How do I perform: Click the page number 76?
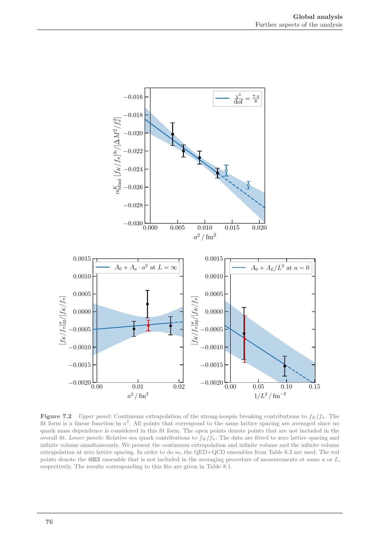[49, 522]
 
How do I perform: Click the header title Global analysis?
[317, 17]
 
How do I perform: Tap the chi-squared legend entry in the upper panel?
[237, 99]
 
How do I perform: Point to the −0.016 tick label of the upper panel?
[133, 97]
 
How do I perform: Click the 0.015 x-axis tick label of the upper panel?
[232, 228]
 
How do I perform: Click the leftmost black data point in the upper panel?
[173, 134]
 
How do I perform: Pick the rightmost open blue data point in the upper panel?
[248, 185]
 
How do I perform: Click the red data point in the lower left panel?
[148, 325]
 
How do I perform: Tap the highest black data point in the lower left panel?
[147, 304]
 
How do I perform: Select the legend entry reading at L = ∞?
[137, 268]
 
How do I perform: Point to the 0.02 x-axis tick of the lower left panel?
[179, 387]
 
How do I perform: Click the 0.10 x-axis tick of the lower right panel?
[286, 387]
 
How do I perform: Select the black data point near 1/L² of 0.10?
[285, 366]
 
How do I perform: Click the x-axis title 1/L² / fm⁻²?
[270, 396]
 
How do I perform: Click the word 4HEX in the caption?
[94, 459]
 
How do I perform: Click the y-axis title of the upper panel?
[116, 155]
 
